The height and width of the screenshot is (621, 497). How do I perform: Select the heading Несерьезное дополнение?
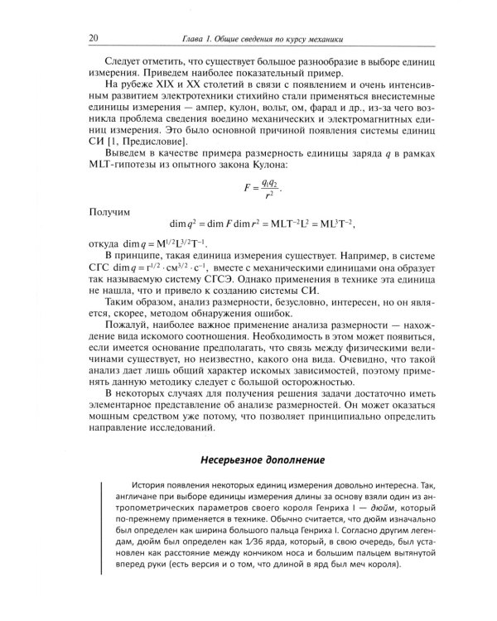click(261, 459)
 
